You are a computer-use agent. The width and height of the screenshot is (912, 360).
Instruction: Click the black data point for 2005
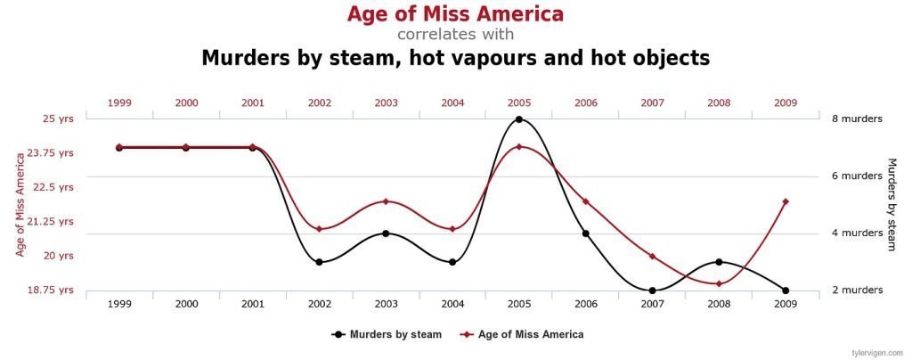[x=519, y=119]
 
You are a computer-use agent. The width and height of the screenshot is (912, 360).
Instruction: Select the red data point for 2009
[x=785, y=201]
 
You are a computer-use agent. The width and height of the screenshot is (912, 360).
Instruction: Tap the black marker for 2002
[x=319, y=262]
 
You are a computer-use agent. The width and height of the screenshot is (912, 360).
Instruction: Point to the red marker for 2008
[x=719, y=283]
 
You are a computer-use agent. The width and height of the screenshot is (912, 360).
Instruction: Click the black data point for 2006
[x=585, y=233]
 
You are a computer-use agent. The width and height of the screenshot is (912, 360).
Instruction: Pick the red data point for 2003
[x=386, y=201]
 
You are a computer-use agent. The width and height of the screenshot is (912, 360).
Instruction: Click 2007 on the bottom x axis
[x=652, y=305]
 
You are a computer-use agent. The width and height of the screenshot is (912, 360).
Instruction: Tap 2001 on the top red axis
[x=253, y=102]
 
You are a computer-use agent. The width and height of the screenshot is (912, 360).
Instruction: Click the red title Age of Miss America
[x=455, y=14]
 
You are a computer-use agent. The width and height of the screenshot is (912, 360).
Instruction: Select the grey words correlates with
[x=455, y=35]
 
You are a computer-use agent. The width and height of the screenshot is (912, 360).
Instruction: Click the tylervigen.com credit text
[x=879, y=352]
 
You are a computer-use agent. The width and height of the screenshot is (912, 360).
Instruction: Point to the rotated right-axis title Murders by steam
[x=892, y=204]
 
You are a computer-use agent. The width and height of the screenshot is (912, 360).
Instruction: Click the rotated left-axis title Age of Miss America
[x=20, y=204]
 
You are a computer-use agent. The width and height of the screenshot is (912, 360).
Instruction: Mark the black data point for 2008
[x=719, y=262]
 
